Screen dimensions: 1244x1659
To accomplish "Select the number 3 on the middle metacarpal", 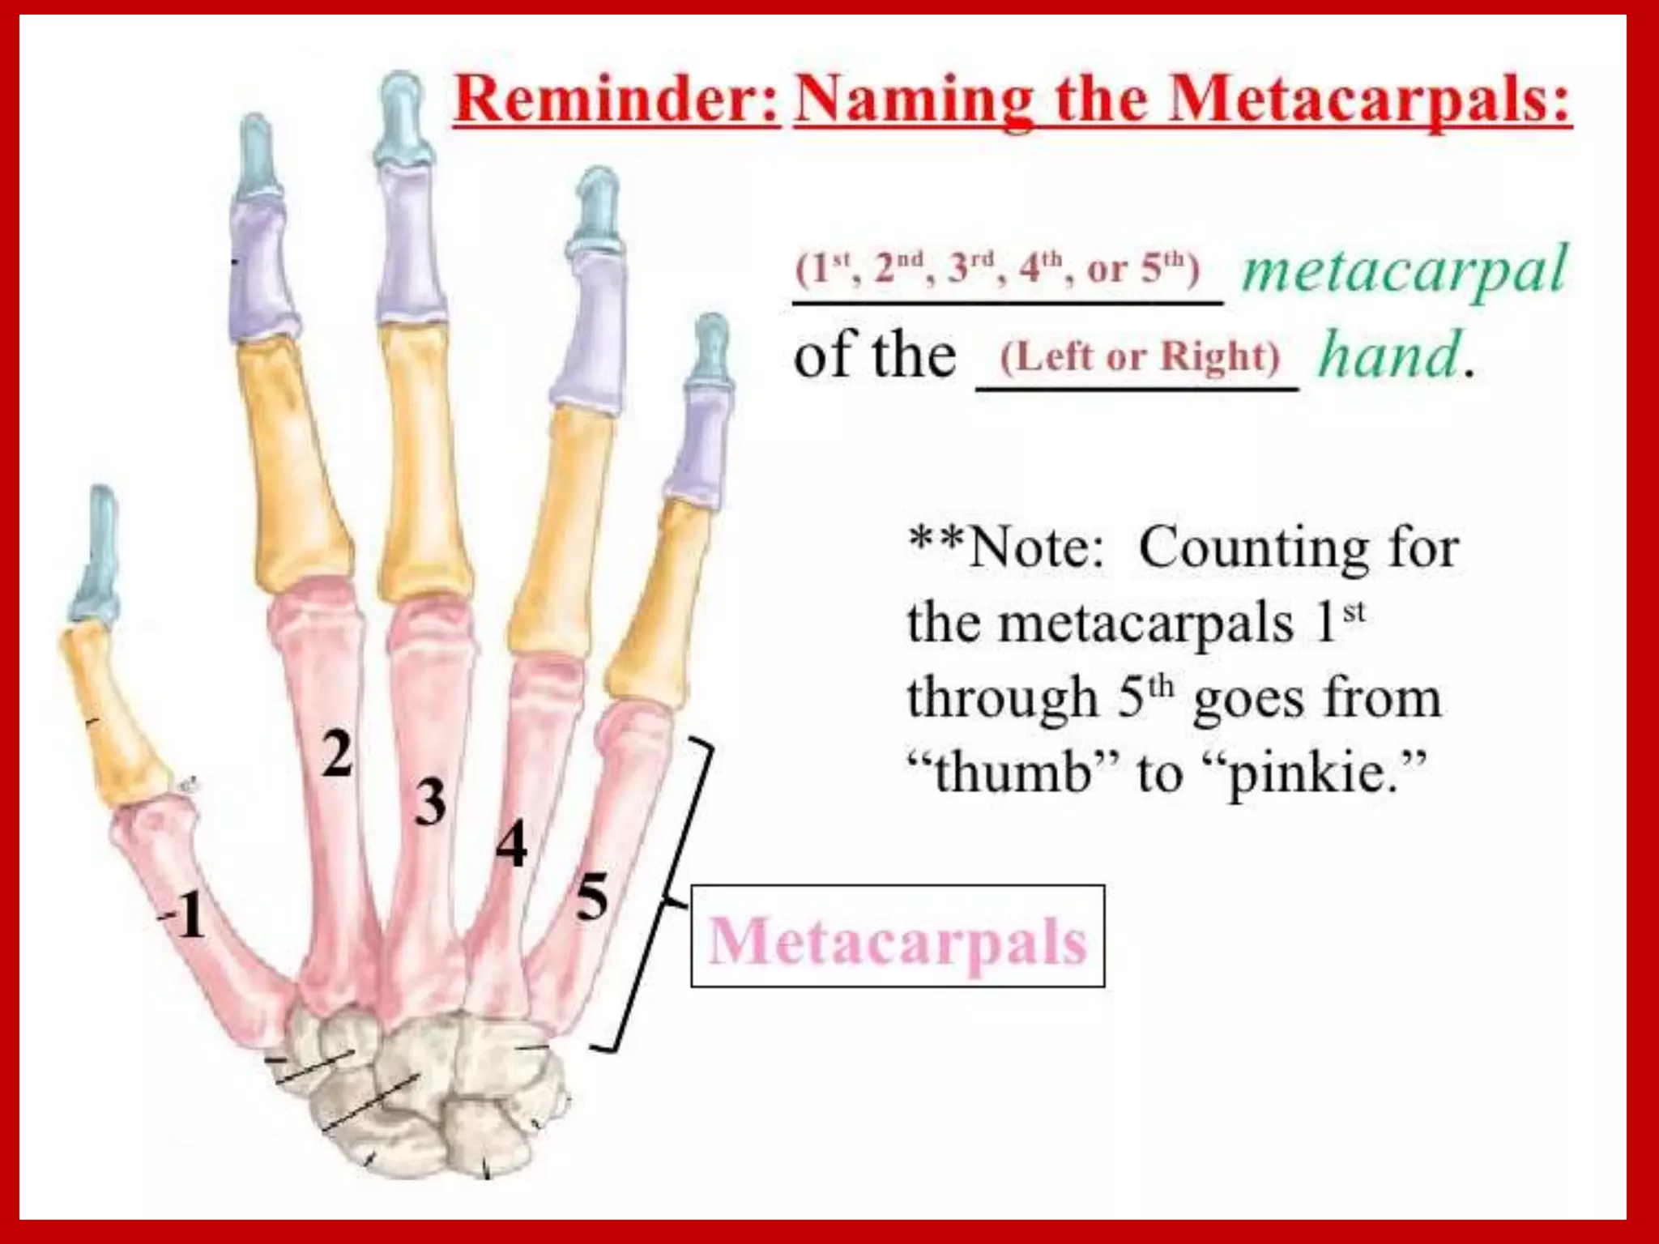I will coord(430,802).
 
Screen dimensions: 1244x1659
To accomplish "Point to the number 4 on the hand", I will coord(511,845).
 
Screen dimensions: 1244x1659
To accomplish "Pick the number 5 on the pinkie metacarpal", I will coord(591,897).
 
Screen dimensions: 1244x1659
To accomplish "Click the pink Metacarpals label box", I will coord(897,936).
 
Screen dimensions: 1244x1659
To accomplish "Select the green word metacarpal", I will coord(1405,271).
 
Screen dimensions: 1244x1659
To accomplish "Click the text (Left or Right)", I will coord(1140,356).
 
